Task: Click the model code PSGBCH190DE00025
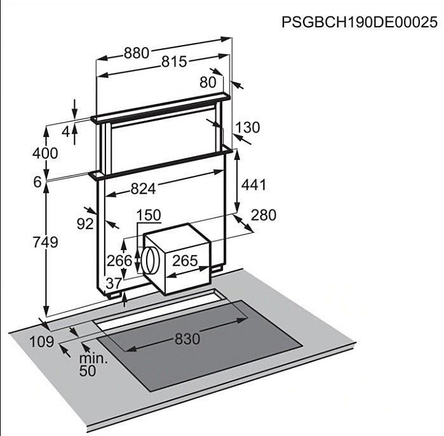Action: click(360, 22)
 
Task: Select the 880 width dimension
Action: click(136, 53)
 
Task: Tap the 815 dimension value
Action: click(174, 62)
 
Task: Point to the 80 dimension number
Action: click(208, 83)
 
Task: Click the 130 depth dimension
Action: click(248, 128)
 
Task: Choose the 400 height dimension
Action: click(45, 154)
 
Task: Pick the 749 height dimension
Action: click(45, 242)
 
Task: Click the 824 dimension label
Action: click(144, 188)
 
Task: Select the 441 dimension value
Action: click(253, 185)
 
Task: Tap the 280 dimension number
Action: click(264, 215)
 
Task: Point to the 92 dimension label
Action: click(85, 224)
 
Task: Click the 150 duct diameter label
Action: click(149, 215)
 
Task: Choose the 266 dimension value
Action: click(119, 261)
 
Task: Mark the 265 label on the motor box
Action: click(185, 261)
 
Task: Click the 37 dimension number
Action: click(114, 283)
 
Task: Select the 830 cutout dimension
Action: click(187, 339)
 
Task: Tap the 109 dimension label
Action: click(42, 342)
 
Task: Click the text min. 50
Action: click(93, 365)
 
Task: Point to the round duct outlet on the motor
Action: click(151, 261)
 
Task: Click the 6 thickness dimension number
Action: click(37, 182)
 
